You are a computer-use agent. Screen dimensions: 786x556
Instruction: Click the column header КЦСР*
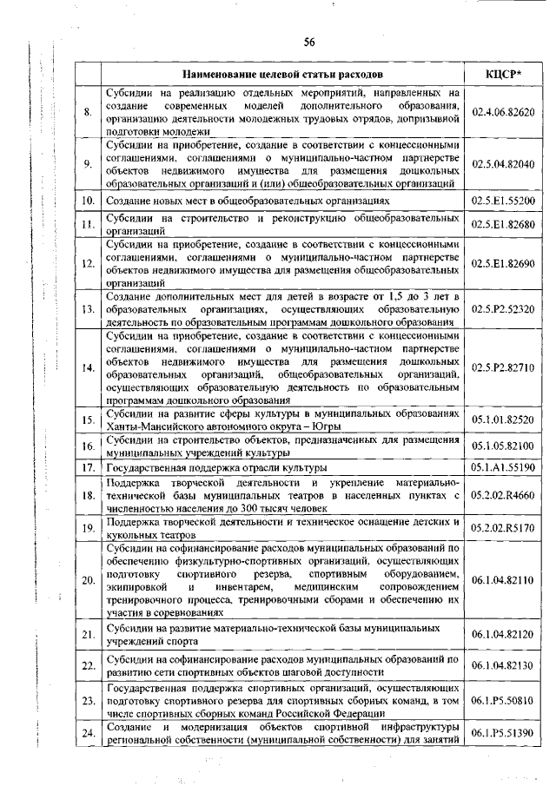[502, 75]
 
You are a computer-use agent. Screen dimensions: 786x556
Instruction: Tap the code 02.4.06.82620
[502, 113]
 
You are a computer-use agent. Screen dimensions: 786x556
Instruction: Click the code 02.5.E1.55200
[502, 201]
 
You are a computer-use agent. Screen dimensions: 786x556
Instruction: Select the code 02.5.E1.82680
[502, 225]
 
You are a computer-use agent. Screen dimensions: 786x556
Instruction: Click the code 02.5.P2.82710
[502, 368]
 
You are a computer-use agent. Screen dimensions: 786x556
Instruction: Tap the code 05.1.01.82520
[502, 420]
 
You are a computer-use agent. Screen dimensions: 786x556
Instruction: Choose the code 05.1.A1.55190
[502, 467]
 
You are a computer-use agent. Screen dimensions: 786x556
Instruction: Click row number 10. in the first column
[87, 201]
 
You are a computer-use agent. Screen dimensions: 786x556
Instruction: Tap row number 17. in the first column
[87, 467]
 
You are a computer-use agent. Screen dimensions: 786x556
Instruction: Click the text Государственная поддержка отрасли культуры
[214, 467]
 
